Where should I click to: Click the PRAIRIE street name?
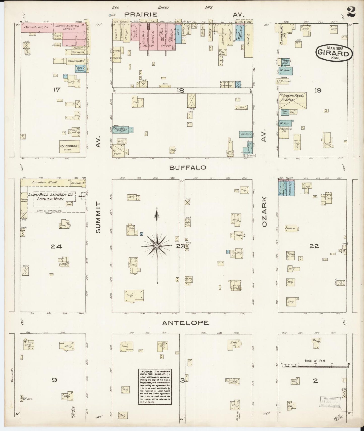click(x=141, y=15)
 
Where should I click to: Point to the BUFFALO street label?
click(x=188, y=167)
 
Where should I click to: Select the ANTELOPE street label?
click(x=185, y=323)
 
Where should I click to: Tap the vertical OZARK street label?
click(x=264, y=212)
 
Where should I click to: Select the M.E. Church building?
click(x=69, y=146)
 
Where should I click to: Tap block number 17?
click(x=56, y=89)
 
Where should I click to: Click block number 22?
click(x=314, y=246)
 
